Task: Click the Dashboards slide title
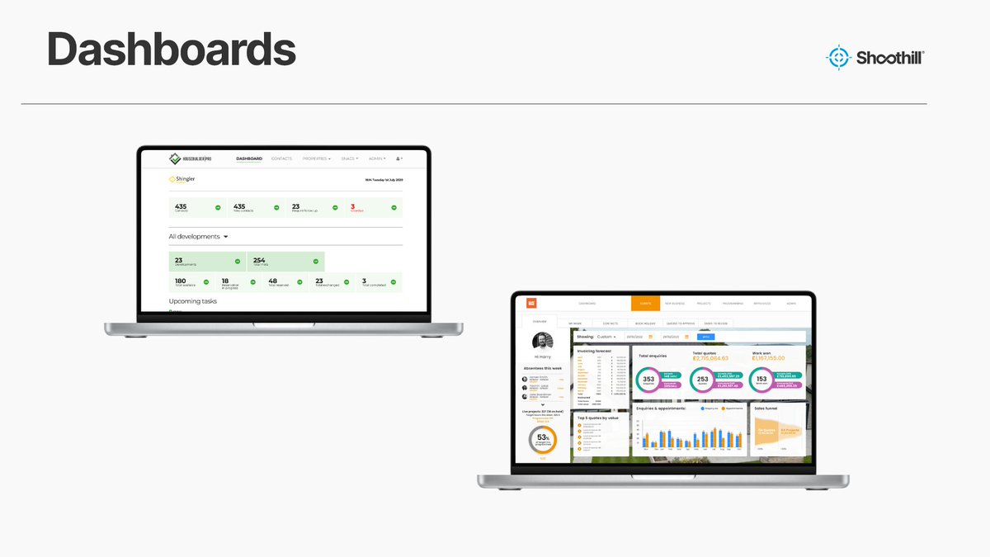171,50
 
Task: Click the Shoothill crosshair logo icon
837,57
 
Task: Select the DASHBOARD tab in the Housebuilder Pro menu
249,158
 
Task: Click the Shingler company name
184,178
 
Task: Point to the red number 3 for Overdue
352,206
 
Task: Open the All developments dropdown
198,236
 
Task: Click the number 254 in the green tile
258,260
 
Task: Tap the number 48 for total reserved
272,281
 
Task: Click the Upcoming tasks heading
192,301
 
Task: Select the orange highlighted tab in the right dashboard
645,304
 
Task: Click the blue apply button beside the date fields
706,337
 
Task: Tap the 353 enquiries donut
648,380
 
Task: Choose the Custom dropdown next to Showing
606,337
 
